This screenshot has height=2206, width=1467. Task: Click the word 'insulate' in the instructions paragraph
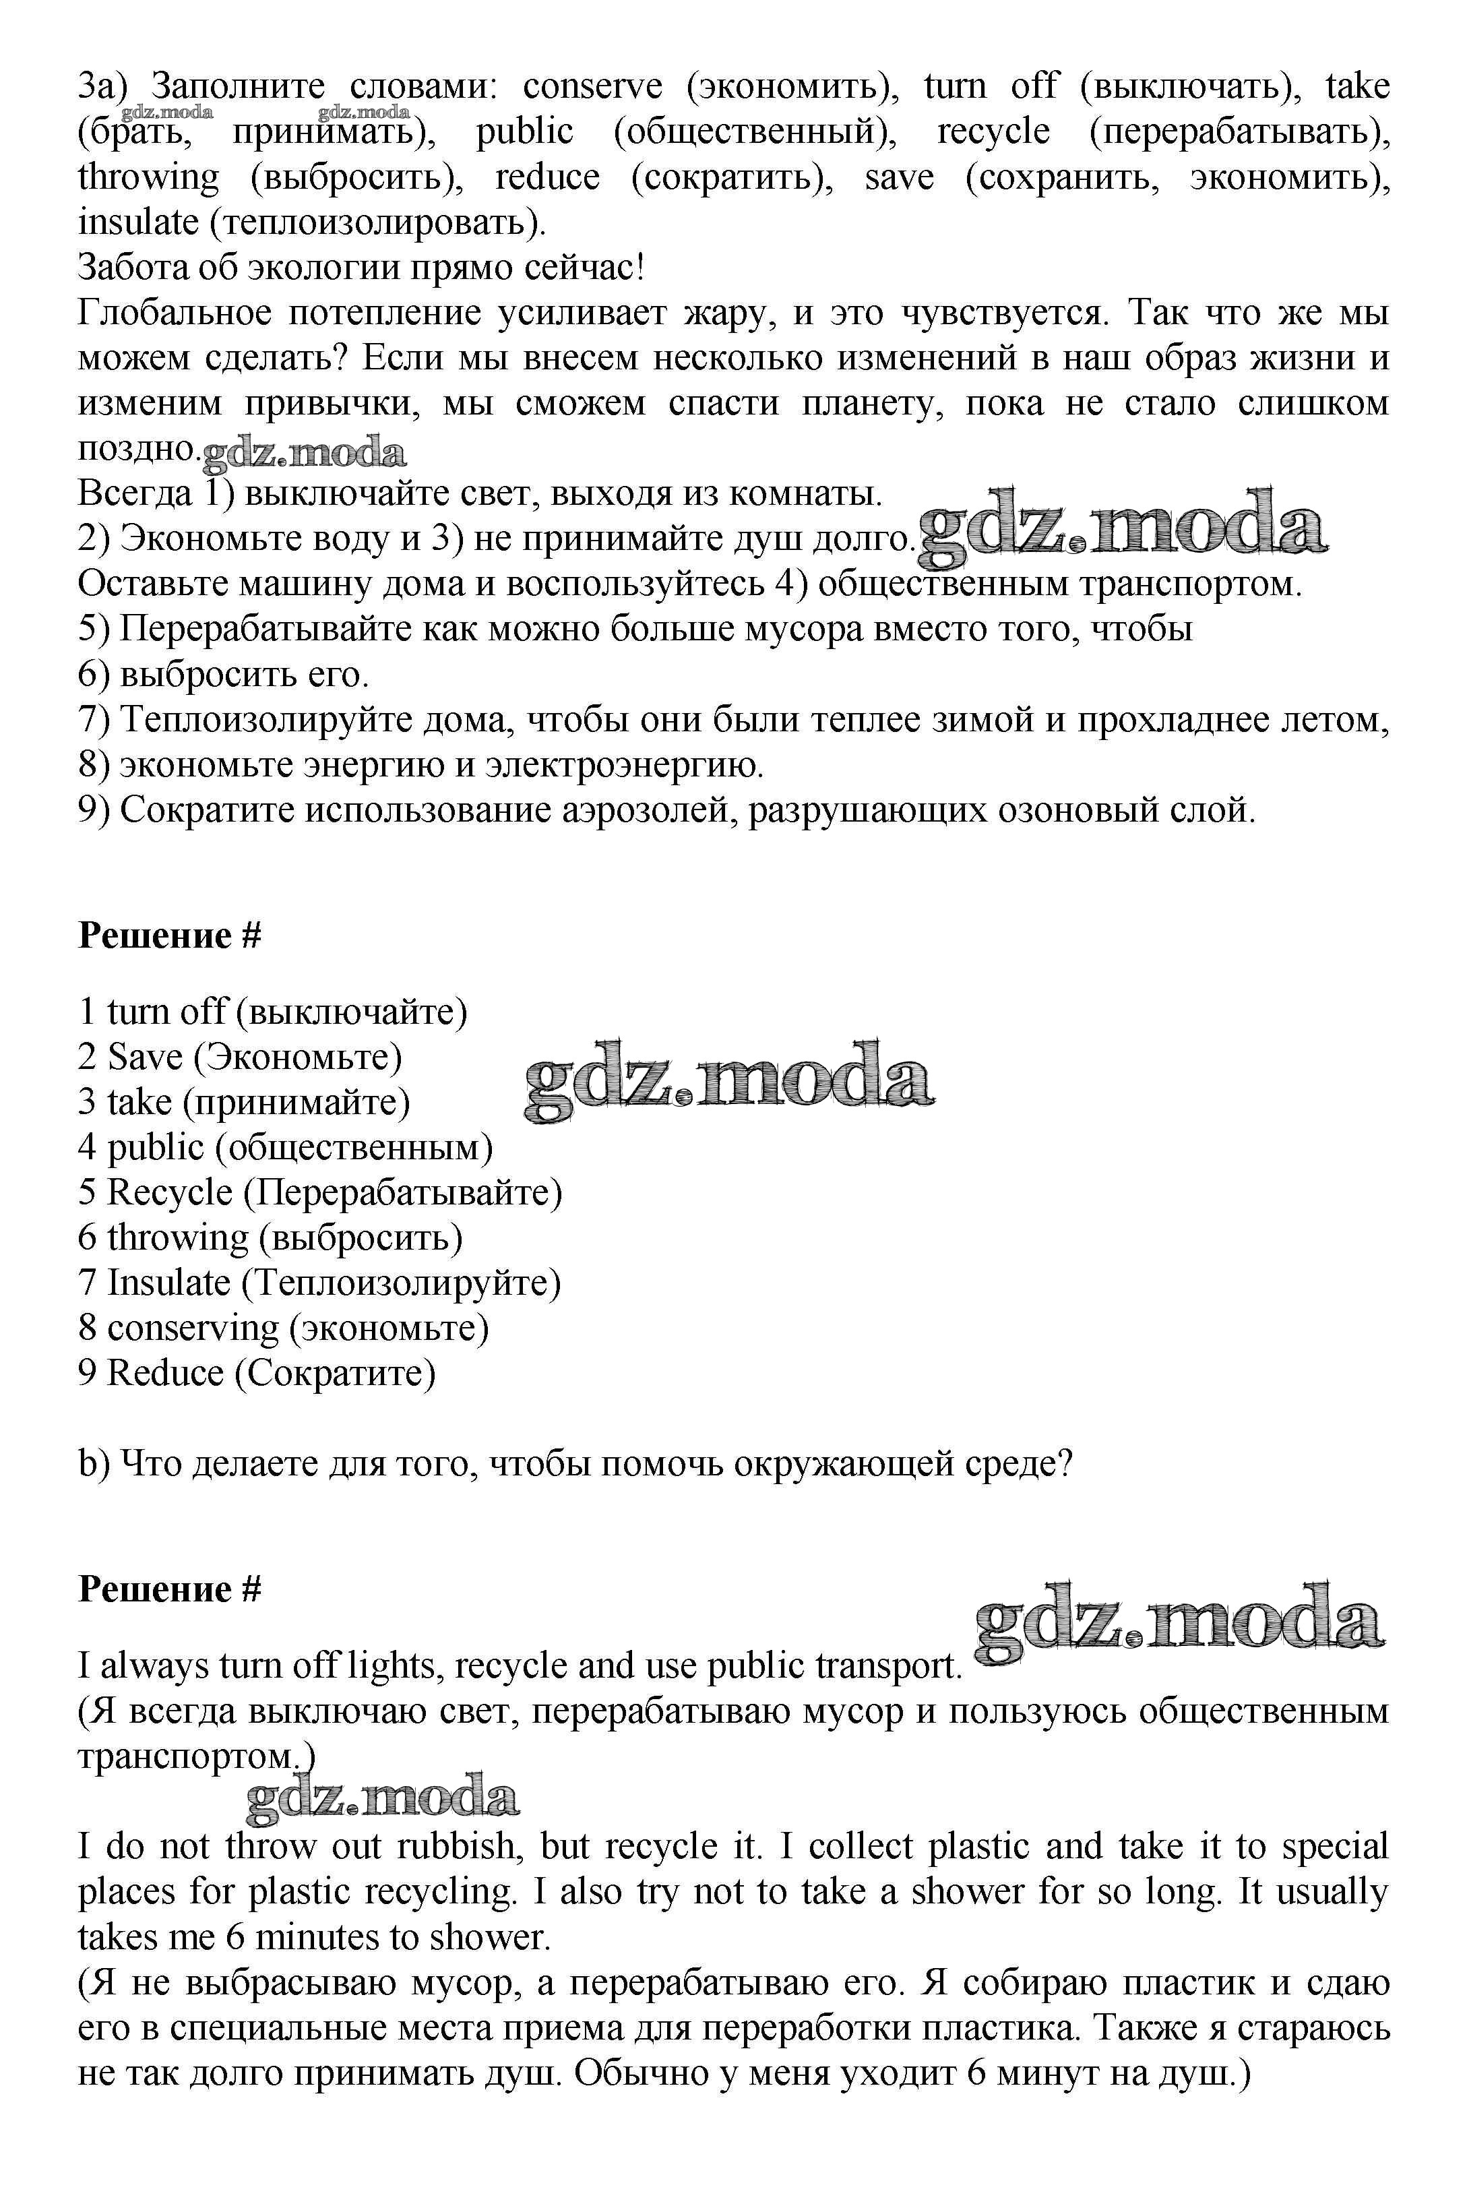137,222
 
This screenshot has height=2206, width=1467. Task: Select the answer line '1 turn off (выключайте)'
272,1011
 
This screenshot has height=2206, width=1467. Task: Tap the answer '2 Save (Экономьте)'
239,1056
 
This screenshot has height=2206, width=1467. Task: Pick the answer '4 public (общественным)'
285,1147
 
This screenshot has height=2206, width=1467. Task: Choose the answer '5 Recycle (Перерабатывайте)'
320,1192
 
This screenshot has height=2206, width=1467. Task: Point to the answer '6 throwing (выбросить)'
270,1237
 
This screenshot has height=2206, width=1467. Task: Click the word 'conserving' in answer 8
193,1328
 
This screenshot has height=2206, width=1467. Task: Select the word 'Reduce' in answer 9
164,1372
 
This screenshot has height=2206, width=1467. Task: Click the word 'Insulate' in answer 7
169,1283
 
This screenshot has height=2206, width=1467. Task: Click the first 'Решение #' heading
169,936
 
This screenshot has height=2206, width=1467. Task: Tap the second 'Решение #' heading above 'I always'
169,1589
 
